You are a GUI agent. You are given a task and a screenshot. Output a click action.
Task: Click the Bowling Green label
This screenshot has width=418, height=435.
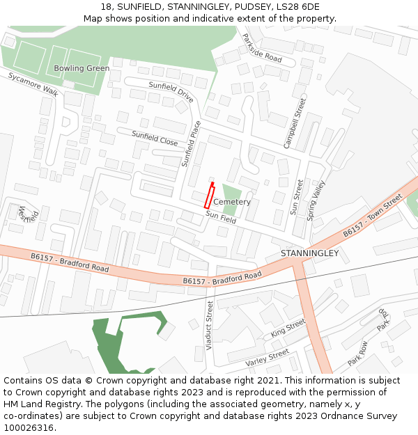point(82,68)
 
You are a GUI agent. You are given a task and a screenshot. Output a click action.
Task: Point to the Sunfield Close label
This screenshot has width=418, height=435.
point(155,138)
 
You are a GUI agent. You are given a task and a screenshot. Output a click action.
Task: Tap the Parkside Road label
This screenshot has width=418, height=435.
point(261,48)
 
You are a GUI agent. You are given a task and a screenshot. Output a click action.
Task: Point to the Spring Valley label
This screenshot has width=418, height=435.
point(316,200)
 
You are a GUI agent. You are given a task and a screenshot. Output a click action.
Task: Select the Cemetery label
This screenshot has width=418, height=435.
point(232,202)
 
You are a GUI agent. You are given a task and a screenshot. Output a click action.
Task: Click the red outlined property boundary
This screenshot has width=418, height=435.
point(208,196)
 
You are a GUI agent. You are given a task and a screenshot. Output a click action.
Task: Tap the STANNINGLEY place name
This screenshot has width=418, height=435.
point(309,253)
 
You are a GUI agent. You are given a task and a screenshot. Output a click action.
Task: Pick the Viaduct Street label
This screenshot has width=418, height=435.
point(209,324)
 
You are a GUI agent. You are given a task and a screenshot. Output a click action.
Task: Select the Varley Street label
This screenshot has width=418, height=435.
point(267,358)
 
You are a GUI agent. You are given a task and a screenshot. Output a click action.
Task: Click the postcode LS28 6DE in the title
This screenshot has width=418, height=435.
point(296,7)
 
